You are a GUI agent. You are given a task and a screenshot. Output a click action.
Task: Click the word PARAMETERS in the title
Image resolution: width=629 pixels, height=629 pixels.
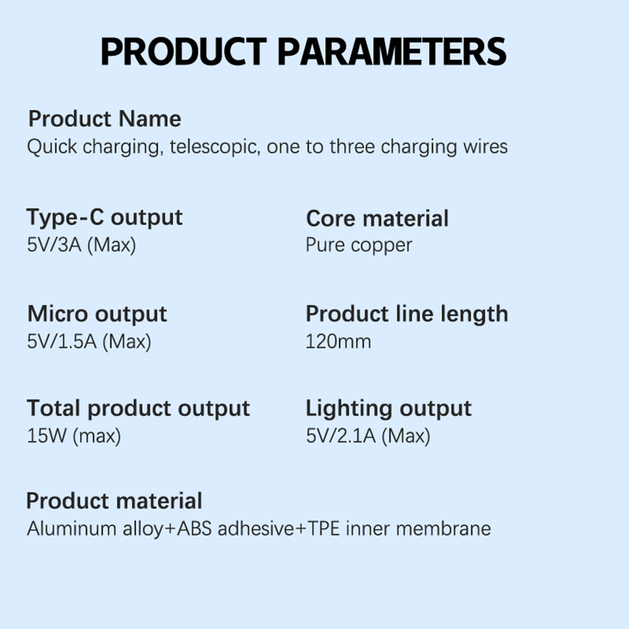[392, 51]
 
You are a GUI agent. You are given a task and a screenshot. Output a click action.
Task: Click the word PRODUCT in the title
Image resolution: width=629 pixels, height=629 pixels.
[184, 51]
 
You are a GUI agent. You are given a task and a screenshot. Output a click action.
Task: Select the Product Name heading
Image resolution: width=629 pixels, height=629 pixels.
[105, 119]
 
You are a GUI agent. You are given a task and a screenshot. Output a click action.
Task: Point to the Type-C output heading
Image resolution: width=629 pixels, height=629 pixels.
[105, 217]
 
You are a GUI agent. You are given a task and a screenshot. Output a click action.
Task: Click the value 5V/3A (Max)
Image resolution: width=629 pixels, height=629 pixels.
[81, 245]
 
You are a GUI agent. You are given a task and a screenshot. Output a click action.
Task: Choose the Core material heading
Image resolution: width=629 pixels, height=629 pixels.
[377, 219]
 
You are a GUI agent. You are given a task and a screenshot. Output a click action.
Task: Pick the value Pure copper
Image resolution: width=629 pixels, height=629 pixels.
[359, 245]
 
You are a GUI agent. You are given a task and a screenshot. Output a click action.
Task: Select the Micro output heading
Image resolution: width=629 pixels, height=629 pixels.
[97, 314]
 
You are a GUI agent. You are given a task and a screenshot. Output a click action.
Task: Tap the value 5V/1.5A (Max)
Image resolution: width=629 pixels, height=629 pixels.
[89, 341]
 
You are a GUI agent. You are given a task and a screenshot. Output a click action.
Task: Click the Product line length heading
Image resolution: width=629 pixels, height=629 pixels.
[407, 314]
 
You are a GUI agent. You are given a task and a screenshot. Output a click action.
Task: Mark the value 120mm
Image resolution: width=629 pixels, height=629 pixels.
[338, 342]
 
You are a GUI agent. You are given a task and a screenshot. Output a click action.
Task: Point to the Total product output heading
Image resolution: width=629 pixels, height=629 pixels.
[138, 408]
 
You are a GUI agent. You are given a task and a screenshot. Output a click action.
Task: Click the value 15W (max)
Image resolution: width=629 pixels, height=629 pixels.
[74, 436]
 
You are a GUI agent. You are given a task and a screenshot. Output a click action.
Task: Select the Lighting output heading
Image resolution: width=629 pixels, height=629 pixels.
[388, 408]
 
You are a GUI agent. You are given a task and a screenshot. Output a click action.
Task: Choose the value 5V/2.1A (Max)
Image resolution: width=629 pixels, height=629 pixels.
[368, 436]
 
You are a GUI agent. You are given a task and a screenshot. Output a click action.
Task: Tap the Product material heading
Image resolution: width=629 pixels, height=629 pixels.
[114, 501]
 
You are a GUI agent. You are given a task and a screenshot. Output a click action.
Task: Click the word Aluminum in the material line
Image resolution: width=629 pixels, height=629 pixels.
[72, 529]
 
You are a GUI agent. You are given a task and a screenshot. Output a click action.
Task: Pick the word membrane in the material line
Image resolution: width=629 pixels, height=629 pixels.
[443, 529]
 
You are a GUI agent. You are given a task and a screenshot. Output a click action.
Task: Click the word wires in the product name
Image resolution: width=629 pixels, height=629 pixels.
[485, 147]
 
